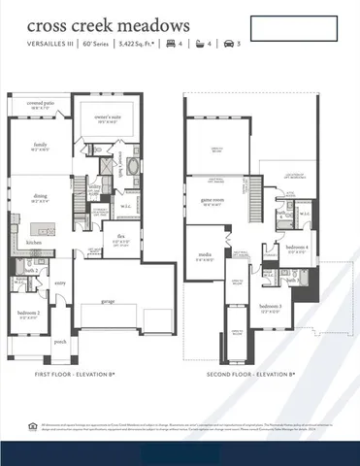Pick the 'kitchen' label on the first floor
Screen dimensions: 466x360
click(34, 243)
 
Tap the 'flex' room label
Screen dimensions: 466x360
click(121, 236)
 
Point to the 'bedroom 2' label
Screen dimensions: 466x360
click(30, 314)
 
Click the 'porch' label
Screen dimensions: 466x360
click(60, 342)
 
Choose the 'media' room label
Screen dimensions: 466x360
click(206, 256)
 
